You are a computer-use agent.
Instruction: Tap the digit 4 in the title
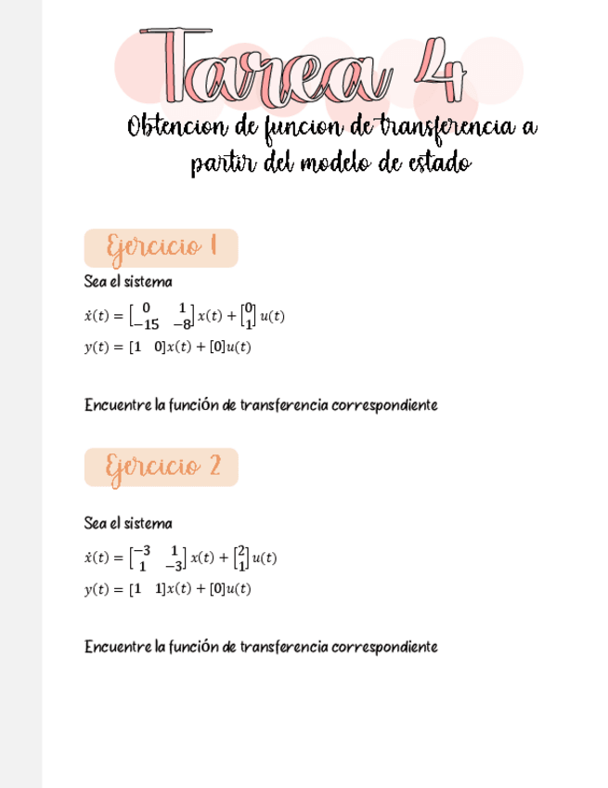coord(437,70)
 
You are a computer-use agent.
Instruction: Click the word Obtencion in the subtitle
coord(177,126)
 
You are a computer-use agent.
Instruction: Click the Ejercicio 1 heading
coord(161,248)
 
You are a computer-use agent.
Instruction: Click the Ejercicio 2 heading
coord(161,466)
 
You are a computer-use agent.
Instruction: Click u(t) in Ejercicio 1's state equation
coord(272,316)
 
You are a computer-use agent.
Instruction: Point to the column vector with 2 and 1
coord(240,558)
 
